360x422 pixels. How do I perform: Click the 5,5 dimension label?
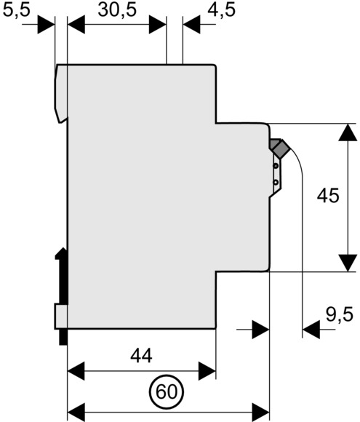point(17,11)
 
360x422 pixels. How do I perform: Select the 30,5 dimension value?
point(117,11)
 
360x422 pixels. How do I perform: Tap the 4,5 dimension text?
point(221,11)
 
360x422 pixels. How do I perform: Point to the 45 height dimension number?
point(328,196)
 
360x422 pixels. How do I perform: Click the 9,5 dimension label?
point(340,314)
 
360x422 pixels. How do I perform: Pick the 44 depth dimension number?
point(141,356)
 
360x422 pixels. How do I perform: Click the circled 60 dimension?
point(167,391)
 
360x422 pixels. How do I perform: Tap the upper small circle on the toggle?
point(275,166)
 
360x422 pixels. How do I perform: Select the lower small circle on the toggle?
point(275,183)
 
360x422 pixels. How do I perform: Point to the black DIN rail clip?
point(62,296)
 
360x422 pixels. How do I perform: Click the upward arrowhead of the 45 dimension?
point(348,132)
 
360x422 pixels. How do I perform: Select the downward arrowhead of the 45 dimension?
point(348,263)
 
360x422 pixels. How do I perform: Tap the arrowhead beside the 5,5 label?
point(46,25)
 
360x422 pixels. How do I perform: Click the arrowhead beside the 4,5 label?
point(191,25)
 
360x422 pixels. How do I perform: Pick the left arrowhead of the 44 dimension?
point(76,371)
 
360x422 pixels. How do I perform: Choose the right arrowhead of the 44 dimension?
point(207,371)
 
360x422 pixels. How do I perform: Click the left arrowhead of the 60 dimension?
point(76,412)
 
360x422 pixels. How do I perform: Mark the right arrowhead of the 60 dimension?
point(260,412)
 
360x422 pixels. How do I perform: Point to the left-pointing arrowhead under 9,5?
point(311,330)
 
